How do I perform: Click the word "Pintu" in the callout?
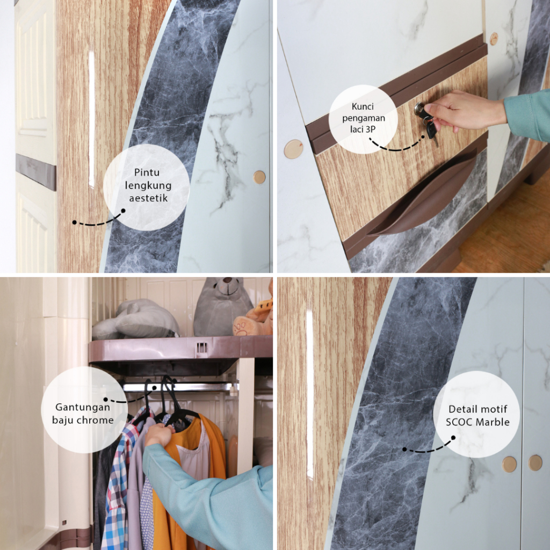tap(147, 172)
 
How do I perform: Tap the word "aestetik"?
tap(148, 198)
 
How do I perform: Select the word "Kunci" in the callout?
tap(363, 106)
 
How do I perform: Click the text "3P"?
tap(371, 129)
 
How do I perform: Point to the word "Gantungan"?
tap(83, 407)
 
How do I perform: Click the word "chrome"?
tap(96, 420)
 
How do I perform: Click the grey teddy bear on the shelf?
tap(222, 306)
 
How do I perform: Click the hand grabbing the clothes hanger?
tap(159, 435)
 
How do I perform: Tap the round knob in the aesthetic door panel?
tap(259, 177)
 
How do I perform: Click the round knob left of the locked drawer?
tap(293, 149)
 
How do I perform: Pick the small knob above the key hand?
tap(494, 39)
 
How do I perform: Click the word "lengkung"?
tap(148, 185)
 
